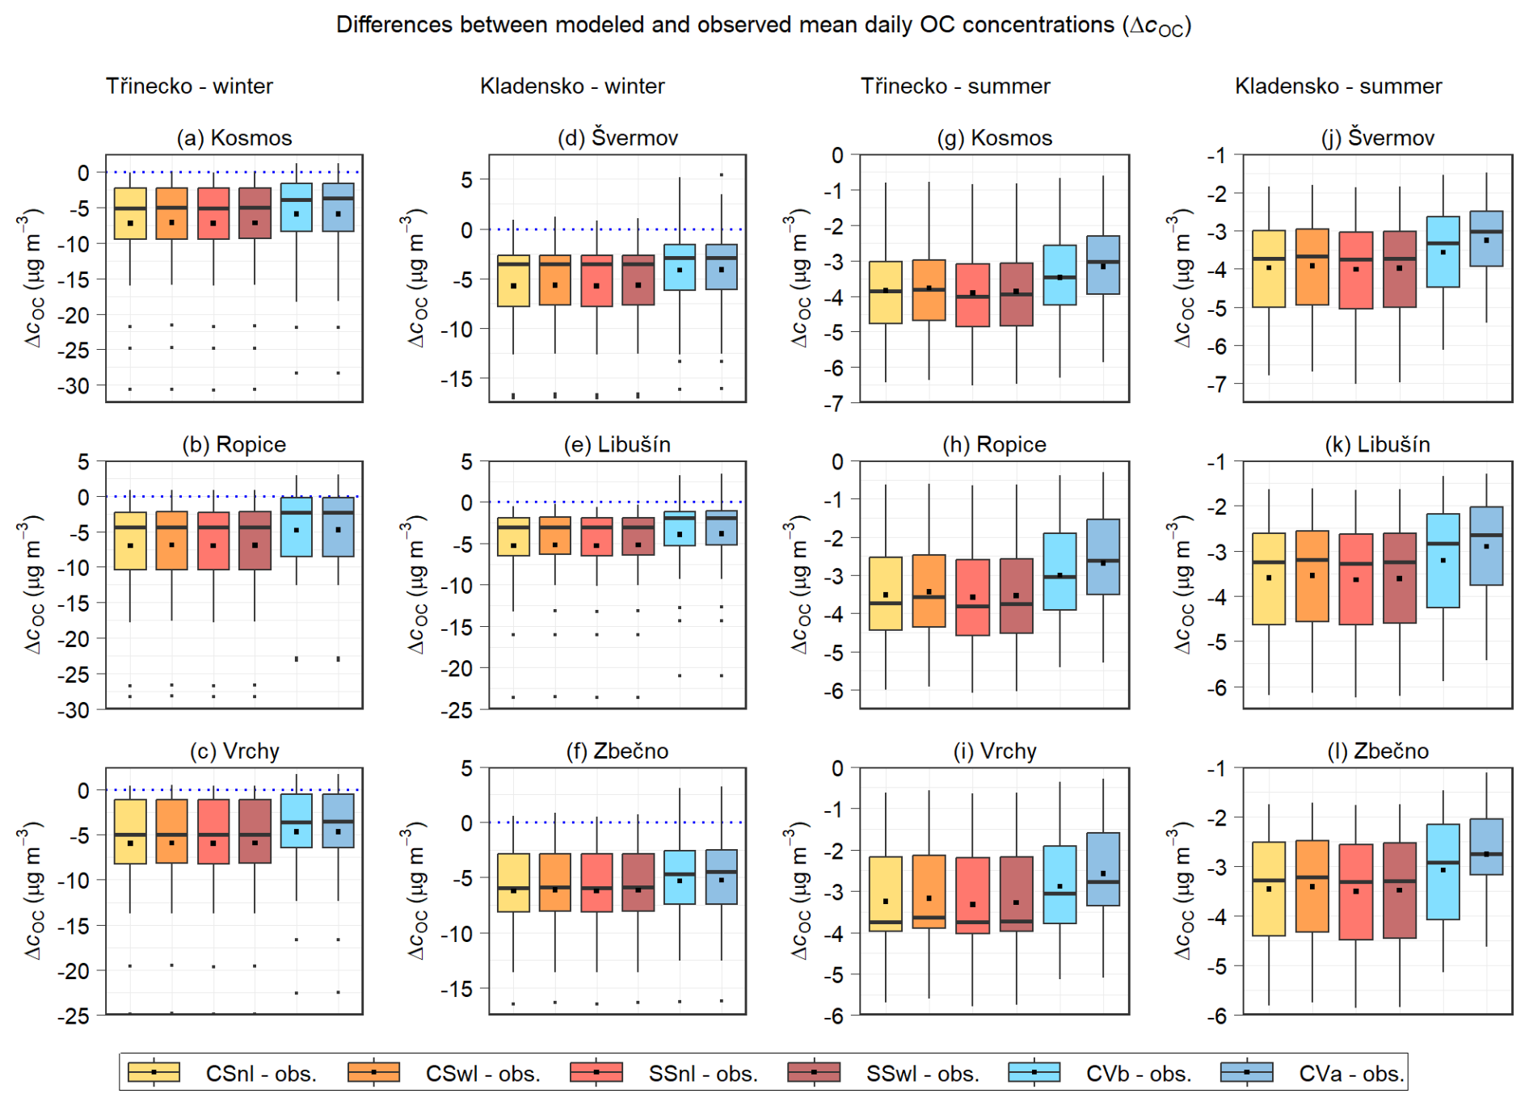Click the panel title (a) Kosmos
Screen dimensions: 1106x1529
234,138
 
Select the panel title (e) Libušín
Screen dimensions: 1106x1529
617,444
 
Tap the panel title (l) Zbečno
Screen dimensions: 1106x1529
1378,751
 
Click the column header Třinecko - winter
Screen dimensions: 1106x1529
189,86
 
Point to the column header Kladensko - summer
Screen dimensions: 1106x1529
1338,86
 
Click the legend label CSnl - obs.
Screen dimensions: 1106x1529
261,1074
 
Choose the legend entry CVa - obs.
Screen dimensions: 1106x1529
1351,1074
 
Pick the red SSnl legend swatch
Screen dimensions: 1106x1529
596,1072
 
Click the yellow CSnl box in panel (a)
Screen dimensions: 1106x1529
130,213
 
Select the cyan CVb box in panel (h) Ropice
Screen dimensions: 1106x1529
1059,571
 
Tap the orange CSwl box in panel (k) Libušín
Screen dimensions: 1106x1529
1312,576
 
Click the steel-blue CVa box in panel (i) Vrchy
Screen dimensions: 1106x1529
1103,869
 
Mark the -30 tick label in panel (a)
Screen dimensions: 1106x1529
74,386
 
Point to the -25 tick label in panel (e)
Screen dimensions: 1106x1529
457,711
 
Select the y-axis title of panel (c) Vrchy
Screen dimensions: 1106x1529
32,891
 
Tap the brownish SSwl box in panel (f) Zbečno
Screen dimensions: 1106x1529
638,882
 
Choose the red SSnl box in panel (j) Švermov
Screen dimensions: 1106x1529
1356,270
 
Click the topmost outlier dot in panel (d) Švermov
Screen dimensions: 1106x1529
722,175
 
